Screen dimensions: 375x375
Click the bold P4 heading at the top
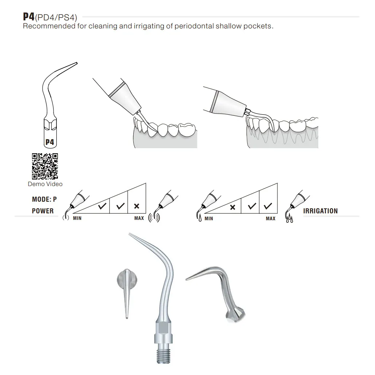point(28,17)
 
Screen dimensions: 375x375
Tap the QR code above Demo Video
point(45,166)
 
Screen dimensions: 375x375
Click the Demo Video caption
point(45,184)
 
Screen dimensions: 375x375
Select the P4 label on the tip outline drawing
point(50,142)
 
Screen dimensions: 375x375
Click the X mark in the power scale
point(137,206)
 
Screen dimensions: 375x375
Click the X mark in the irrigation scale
point(233,207)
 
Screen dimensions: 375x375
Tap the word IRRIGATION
point(320,211)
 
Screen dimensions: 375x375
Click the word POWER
point(43,211)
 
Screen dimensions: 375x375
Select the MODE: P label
point(44,200)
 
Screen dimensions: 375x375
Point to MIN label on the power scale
point(77,218)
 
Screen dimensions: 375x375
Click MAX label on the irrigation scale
point(271,218)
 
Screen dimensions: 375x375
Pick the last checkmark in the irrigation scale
point(268,206)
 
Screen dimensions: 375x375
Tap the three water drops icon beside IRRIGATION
point(289,220)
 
